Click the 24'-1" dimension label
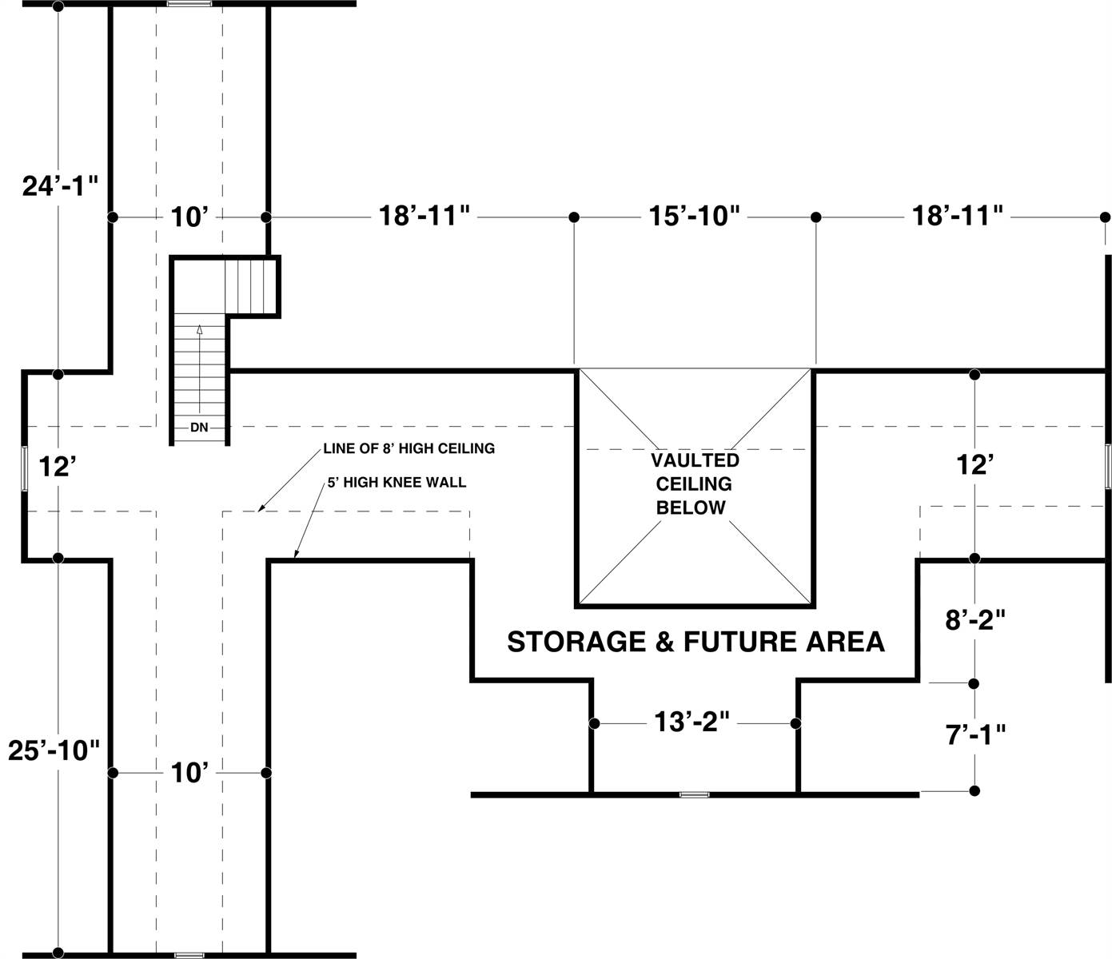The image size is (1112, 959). [x=60, y=186]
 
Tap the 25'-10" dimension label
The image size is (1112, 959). [x=54, y=750]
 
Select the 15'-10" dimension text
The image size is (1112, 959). [x=694, y=216]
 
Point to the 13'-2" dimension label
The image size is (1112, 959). [x=692, y=722]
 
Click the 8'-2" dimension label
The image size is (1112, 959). [x=974, y=620]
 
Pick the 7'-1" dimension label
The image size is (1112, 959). [x=975, y=734]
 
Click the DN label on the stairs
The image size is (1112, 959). [x=199, y=428]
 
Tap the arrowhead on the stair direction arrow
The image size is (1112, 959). [x=200, y=330]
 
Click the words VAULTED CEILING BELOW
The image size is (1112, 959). [x=694, y=483]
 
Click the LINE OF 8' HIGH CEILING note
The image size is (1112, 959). [x=409, y=448]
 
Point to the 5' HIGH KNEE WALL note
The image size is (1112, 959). [x=397, y=482]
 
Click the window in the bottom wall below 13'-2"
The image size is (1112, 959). [x=694, y=794]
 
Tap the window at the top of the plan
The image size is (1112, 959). [x=189, y=4]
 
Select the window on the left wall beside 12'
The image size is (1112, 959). [x=24, y=468]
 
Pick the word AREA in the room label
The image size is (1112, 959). [x=845, y=642]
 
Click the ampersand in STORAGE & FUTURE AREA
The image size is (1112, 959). [x=665, y=642]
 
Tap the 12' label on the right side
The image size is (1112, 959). [x=974, y=464]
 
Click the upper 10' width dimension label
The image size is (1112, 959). [x=189, y=217]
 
